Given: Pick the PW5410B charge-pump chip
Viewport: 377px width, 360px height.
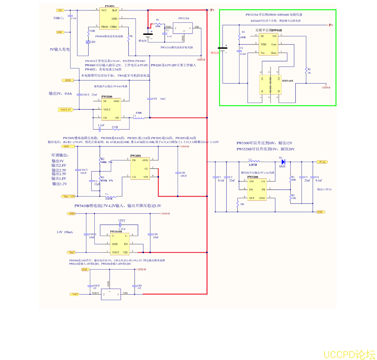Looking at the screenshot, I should (119, 244).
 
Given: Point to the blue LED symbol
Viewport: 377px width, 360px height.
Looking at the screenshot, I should (88, 42).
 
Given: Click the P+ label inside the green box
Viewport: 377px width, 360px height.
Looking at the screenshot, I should (331, 25).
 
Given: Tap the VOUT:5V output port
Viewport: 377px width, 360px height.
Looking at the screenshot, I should (65, 109).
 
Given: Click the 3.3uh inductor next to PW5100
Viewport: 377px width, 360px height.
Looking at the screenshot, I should (139, 117).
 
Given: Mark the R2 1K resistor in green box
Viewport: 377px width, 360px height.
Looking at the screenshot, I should (306, 70).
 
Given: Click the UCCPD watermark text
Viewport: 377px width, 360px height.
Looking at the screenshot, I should (348, 354).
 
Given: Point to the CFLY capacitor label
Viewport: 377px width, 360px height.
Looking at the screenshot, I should (122, 220).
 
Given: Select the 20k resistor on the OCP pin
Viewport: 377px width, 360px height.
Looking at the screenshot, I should (237, 204).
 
